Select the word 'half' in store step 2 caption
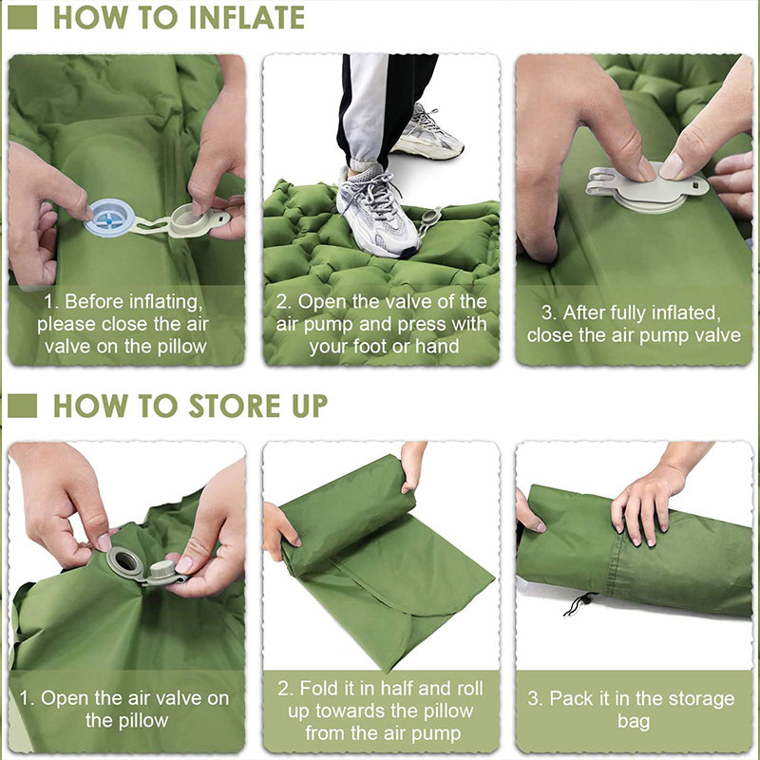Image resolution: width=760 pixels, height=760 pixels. point(415,689)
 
